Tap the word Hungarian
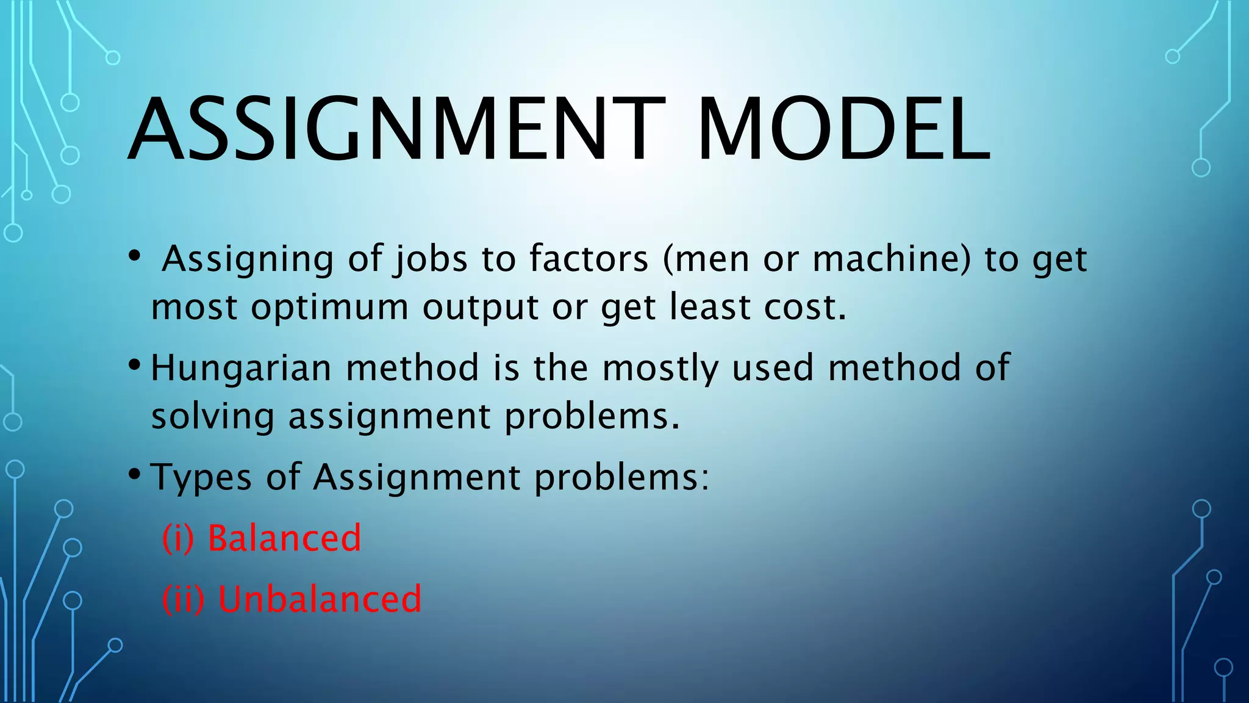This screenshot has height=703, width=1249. click(x=242, y=368)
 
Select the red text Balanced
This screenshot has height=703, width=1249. click(x=284, y=538)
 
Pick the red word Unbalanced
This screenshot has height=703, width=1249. click(x=320, y=599)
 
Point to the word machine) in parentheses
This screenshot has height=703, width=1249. click(x=891, y=258)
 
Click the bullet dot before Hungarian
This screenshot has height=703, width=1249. click(x=135, y=366)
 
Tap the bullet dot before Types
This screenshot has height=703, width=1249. click(x=135, y=474)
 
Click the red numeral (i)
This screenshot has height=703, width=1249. click(x=178, y=538)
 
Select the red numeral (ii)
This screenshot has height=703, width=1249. click(x=183, y=599)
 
